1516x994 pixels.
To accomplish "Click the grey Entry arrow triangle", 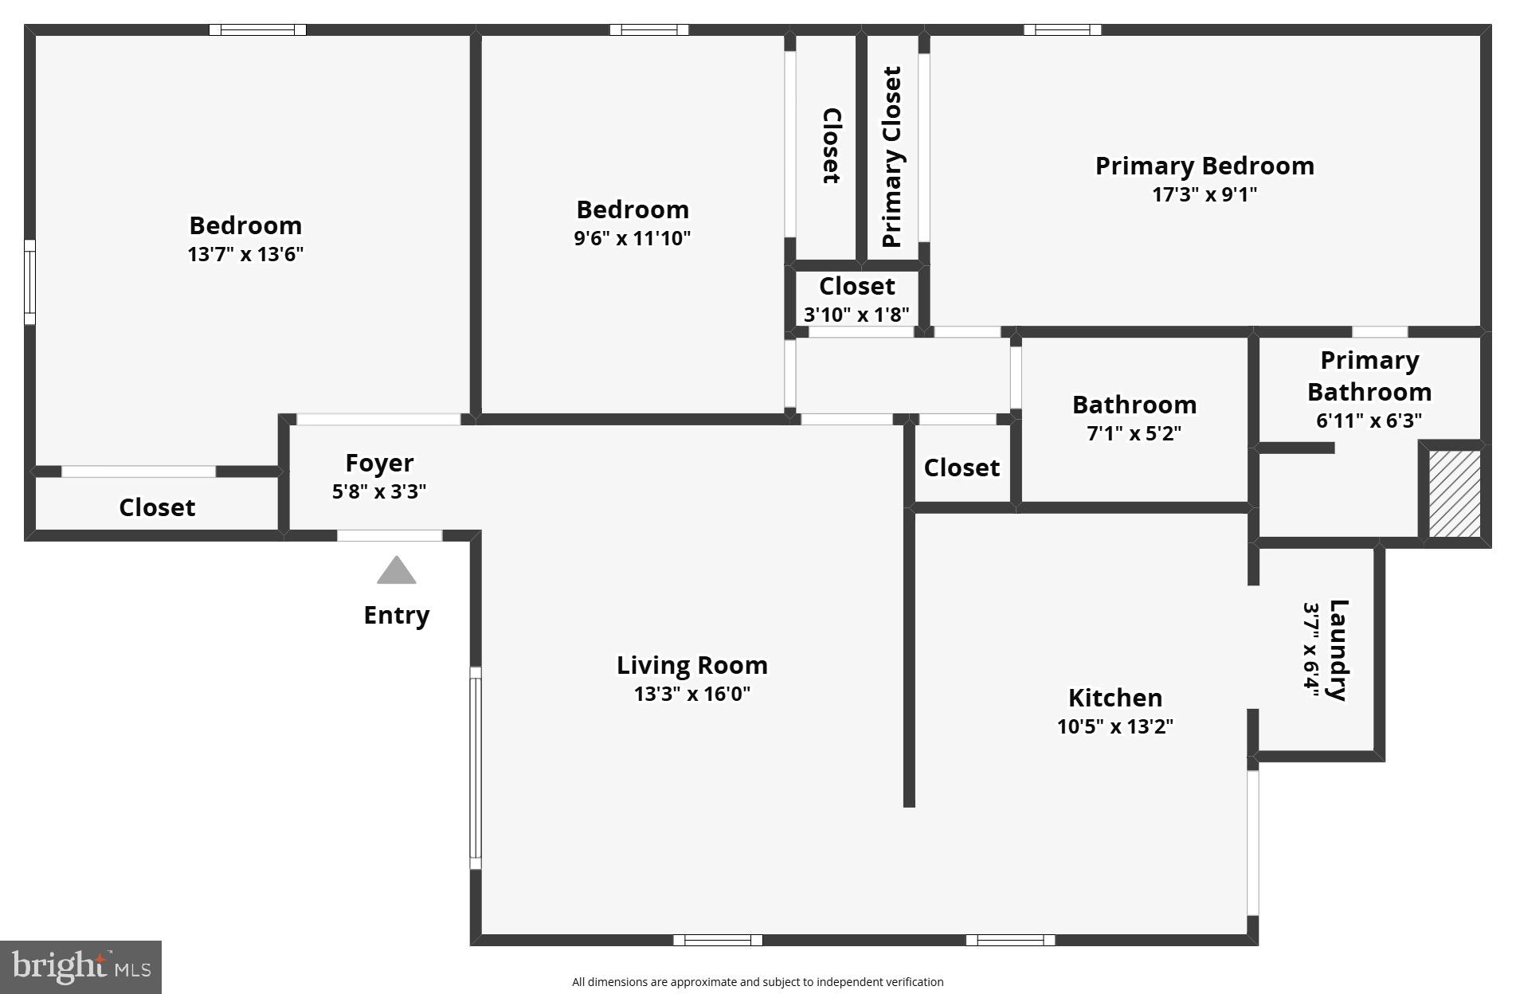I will tap(396, 572).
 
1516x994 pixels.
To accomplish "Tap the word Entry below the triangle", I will tap(396, 615).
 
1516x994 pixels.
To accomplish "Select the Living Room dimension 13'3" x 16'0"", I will tap(691, 694).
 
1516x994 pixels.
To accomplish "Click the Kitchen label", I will tap(1114, 698).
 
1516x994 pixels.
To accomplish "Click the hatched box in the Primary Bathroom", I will tap(1454, 494).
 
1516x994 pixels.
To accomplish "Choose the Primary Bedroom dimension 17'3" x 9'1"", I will tap(1204, 194).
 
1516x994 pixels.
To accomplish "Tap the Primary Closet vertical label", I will tap(891, 157).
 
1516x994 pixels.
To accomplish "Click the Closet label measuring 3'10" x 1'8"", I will tap(856, 286).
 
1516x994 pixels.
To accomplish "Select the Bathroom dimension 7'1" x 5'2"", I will tap(1134, 433).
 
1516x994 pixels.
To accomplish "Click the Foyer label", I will tap(379, 463).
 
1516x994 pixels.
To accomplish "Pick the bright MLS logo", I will tap(80, 967).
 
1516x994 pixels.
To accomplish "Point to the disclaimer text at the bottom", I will tap(757, 982).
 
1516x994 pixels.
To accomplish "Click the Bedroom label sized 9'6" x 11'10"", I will tap(633, 209).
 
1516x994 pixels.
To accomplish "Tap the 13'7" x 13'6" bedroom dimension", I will tap(245, 254).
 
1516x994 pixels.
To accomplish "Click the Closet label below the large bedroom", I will tap(157, 507).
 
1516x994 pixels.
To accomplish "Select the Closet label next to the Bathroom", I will tap(962, 468).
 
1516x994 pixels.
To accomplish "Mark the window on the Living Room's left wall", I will tap(476, 768).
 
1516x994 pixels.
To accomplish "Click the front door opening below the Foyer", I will tap(390, 535).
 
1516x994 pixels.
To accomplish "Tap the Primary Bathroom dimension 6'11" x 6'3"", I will tap(1369, 421).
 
